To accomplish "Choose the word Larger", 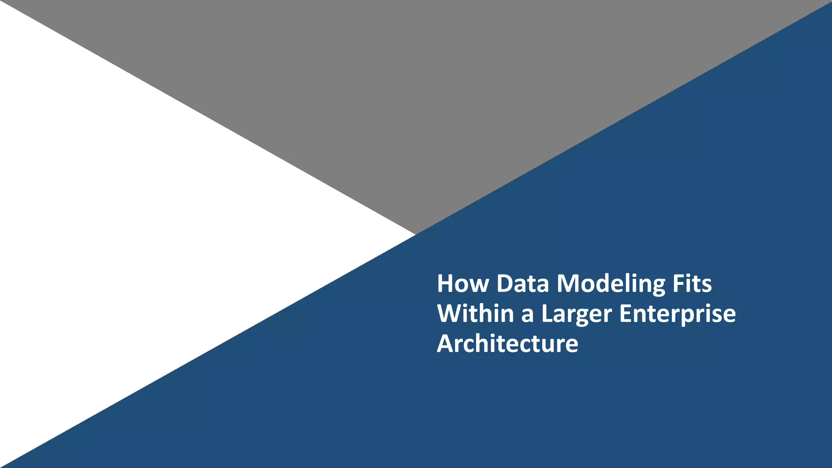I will coord(576,314).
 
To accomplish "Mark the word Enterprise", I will coord(677,314).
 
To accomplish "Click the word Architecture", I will coord(507,344).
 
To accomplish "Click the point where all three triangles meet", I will coord(416,234).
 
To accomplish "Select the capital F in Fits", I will coord(678,284).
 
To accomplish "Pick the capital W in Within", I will coord(450,314).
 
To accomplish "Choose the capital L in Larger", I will coord(547,314).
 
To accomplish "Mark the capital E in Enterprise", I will coord(625,314).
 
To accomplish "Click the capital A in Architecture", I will coord(446,344).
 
